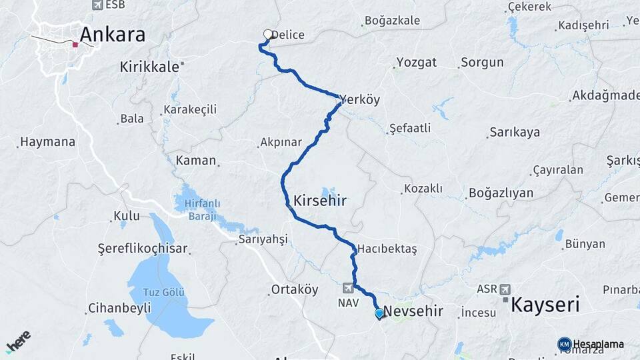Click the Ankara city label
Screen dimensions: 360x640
pyautogui.click(x=112, y=35)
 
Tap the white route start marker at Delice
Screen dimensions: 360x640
pyautogui.click(x=268, y=34)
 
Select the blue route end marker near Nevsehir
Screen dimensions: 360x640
pyautogui.click(x=379, y=313)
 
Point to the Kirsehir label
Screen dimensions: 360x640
pyautogui.click(x=320, y=200)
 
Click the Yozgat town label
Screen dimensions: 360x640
pyautogui.click(x=417, y=63)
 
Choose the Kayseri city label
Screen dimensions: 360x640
pyautogui.click(x=545, y=305)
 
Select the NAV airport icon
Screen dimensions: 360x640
pyautogui.click(x=347, y=288)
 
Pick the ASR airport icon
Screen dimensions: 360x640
pyautogui.click(x=505, y=289)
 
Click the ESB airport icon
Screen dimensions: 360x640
pyautogui.click(x=97, y=5)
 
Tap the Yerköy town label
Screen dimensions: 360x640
pyautogui.click(x=360, y=100)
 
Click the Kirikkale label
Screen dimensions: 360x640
pyautogui.click(x=150, y=67)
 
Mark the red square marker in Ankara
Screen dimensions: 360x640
pyautogui.click(x=75, y=45)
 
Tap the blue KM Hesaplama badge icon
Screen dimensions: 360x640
pyautogui.click(x=564, y=344)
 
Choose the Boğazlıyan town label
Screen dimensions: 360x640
pyautogui.click(x=501, y=193)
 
